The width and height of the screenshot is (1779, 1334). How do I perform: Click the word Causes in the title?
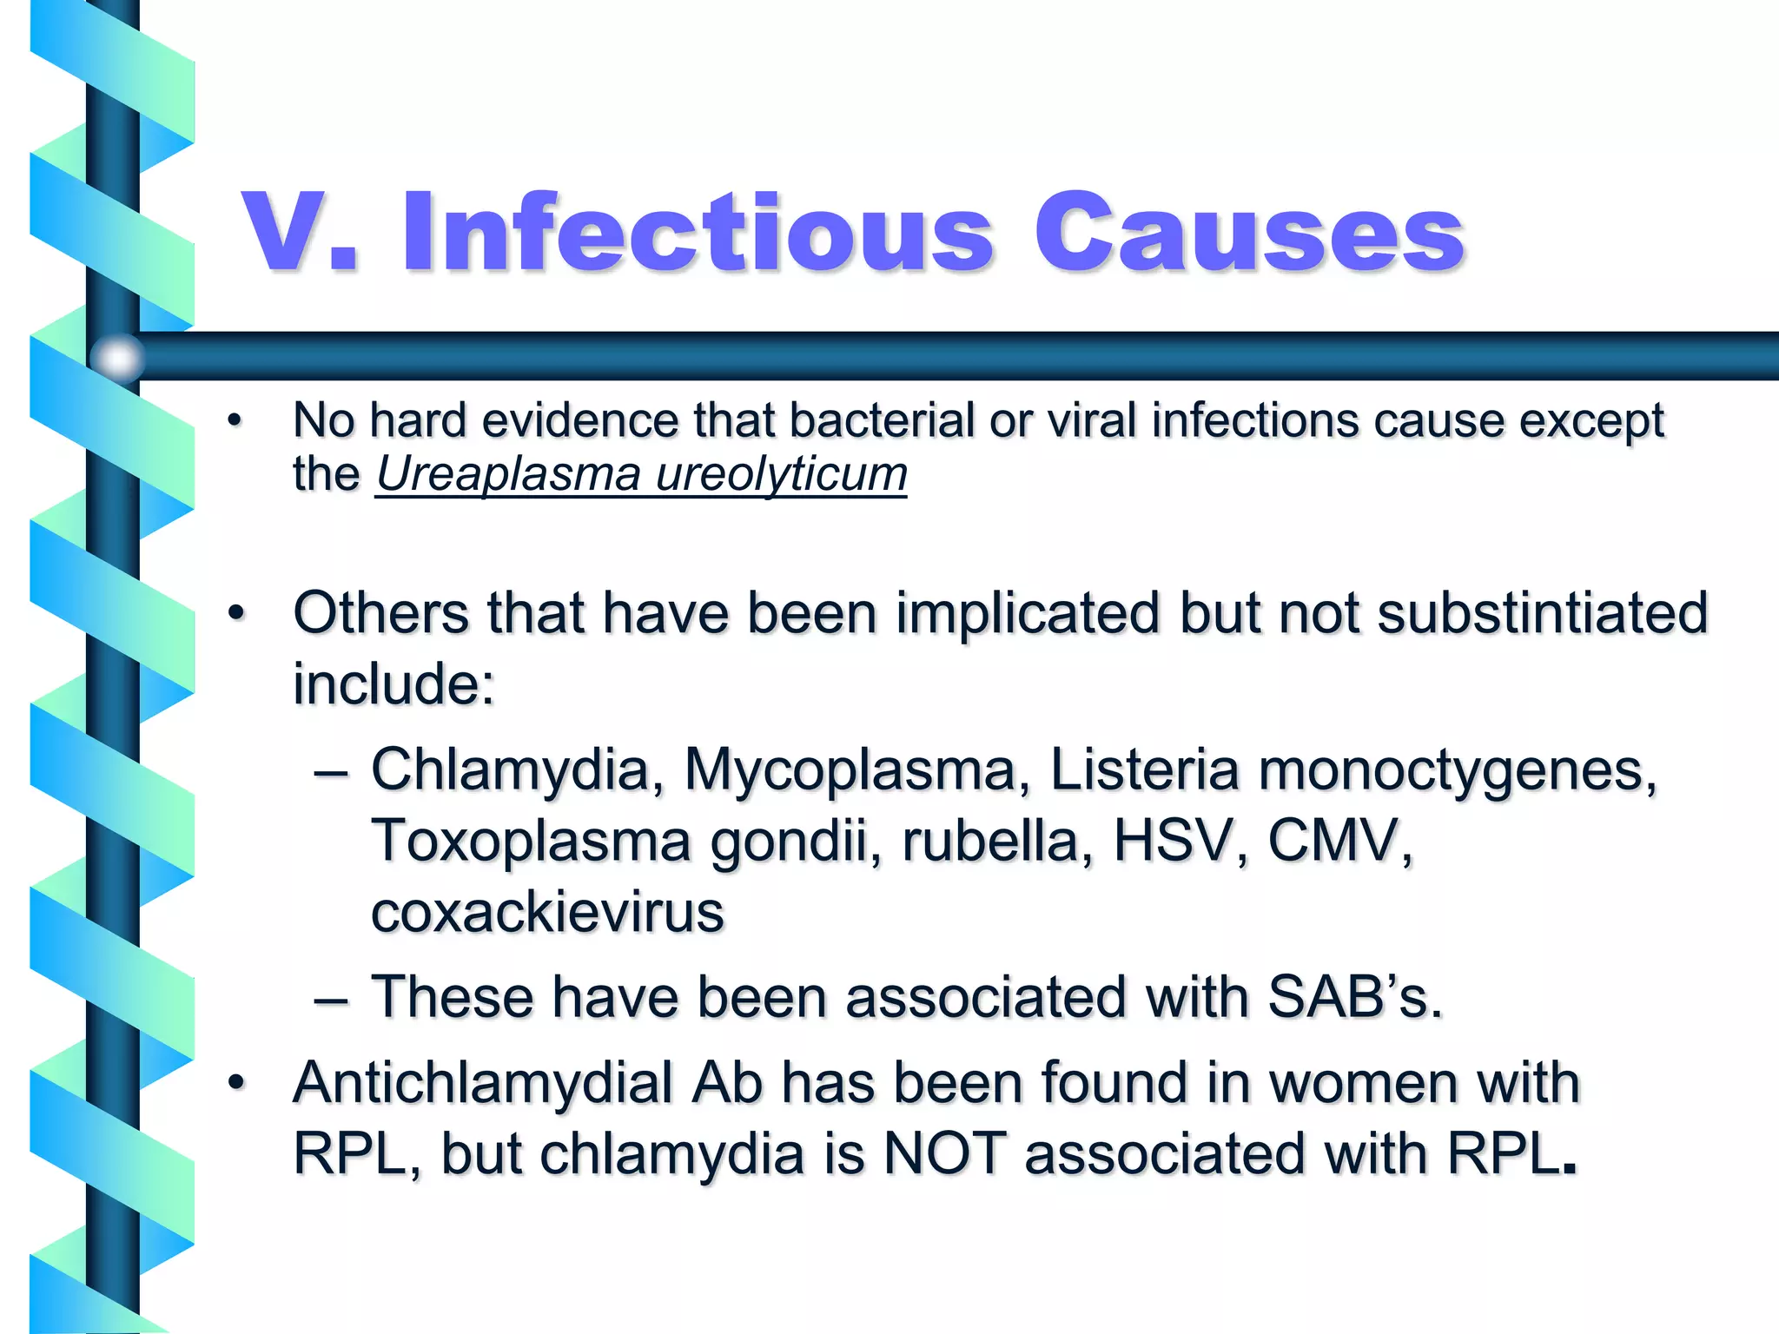[x=1248, y=233]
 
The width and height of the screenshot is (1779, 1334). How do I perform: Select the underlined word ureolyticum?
[x=781, y=474]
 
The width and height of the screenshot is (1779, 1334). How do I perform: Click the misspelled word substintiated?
[x=1542, y=613]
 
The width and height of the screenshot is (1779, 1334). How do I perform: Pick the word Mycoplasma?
[x=850, y=770]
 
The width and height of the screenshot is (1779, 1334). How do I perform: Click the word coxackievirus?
[x=547, y=912]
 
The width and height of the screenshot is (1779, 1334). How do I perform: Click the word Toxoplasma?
[x=531, y=841]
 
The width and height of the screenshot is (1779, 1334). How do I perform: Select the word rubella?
[x=989, y=841]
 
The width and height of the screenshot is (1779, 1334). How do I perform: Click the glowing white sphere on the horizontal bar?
[x=117, y=357]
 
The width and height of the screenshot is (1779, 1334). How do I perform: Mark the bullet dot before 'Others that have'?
[x=236, y=613]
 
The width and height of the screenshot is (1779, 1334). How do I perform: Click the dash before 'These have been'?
[x=331, y=999]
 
